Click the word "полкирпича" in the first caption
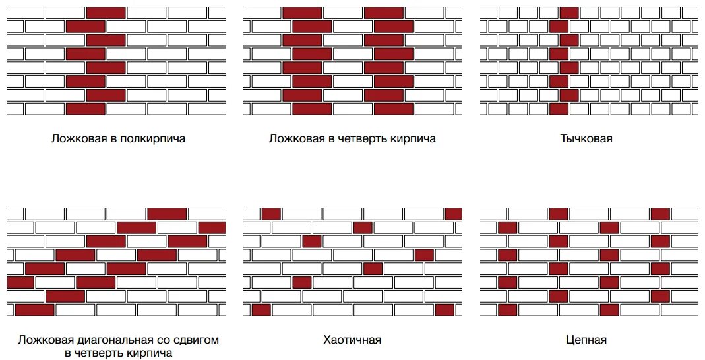[152, 139]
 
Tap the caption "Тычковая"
[586, 138]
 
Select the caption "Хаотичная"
[352, 340]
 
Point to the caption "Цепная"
[586, 340]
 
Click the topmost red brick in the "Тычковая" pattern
[569, 13]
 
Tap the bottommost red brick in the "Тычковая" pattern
[559, 109]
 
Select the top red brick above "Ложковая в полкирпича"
[106, 13]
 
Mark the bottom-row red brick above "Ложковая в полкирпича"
[86, 109]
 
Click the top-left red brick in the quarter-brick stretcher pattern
[302, 13]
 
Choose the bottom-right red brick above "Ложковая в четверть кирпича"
[394, 109]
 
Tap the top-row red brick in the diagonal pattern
[167, 214]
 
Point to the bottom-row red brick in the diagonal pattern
[34, 310]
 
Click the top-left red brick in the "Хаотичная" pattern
[271, 214]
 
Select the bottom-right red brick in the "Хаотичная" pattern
[445, 310]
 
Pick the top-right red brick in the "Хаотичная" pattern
[453, 214]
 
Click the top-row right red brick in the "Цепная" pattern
[660, 214]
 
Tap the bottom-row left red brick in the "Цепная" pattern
[508, 310]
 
